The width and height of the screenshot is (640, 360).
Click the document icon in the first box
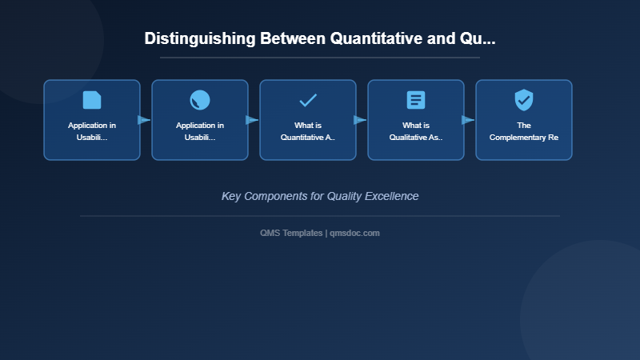92,100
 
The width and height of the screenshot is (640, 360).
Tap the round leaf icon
200,100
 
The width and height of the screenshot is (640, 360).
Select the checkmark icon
308,100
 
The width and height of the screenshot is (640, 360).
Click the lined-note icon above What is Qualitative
416,100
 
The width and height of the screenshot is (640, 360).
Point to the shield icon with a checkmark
524,100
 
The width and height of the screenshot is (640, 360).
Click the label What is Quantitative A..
308,131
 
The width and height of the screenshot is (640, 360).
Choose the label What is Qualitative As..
416,131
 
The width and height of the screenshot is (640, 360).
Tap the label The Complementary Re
524,131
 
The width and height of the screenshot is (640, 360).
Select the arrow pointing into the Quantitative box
252,120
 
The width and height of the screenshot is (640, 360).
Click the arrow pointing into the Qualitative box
360,120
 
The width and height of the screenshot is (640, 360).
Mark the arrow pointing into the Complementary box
468,120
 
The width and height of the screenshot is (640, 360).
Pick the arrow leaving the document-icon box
144,120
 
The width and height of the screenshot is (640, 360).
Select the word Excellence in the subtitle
390,196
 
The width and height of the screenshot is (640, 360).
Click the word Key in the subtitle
231,196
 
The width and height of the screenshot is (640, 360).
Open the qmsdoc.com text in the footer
355,233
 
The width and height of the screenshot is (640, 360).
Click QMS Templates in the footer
291,233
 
